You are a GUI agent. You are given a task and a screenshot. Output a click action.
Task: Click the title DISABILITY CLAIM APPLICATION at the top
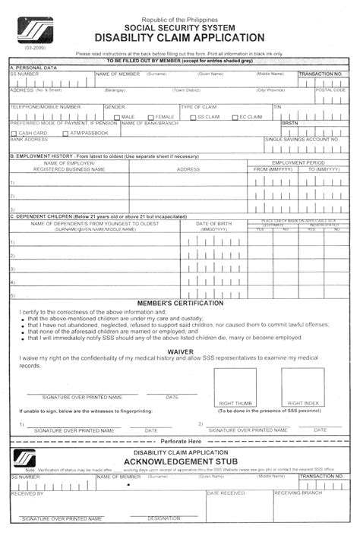pos(180,37)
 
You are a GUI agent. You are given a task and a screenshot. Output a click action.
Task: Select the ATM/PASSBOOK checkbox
pos(65,134)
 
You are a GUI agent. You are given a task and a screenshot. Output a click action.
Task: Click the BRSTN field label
pos(290,123)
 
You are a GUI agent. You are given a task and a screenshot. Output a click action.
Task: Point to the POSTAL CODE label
pos(330,90)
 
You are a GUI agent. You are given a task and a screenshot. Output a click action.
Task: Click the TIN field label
pos(277,107)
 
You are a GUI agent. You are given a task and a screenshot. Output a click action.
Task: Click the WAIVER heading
pos(180,351)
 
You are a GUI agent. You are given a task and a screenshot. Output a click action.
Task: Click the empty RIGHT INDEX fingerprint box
pos(303,384)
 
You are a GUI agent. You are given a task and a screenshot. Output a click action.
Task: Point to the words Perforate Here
pos(180,441)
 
